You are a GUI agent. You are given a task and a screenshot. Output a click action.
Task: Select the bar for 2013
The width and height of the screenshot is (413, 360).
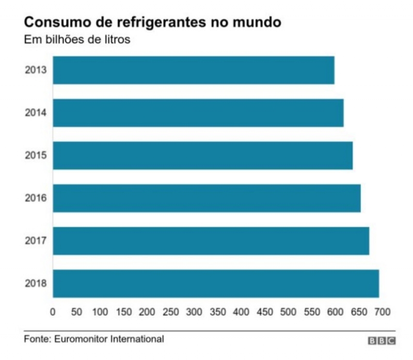click(x=194, y=70)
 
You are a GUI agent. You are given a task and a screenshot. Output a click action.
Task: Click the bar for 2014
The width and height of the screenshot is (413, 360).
click(x=198, y=113)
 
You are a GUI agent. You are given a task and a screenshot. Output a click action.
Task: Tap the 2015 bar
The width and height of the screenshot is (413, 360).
click(x=203, y=155)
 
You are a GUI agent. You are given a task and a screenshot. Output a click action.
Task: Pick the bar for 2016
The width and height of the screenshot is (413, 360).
click(x=206, y=198)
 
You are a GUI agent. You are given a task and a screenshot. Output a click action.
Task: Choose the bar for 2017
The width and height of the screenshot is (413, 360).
click(x=211, y=241)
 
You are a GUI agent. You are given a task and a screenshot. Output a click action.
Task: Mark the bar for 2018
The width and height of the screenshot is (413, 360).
click(x=216, y=283)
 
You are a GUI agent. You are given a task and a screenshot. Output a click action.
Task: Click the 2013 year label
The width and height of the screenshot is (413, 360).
click(x=36, y=70)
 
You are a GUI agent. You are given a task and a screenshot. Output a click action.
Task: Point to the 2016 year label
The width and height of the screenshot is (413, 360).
click(x=36, y=198)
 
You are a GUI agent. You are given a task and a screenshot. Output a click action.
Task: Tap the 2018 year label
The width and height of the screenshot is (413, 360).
click(x=36, y=283)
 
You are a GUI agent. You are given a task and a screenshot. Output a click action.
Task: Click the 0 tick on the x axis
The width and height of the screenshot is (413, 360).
click(x=53, y=312)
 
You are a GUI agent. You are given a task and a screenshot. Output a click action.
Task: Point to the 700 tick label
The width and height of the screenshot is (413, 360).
click(x=383, y=312)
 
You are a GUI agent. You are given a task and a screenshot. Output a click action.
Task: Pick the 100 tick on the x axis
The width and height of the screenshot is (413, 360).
click(x=100, y=312)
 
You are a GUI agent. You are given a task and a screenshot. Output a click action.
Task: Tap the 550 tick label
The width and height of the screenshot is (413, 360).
click(x=288, y=312)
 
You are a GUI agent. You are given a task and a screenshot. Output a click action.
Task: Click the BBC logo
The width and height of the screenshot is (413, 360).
click(x=382, y=341)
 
